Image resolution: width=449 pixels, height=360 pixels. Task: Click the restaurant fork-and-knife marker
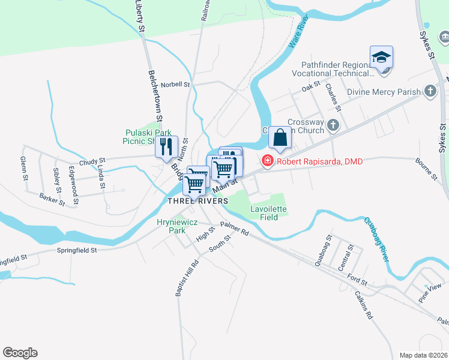pyautogui.click(x=166, y=146)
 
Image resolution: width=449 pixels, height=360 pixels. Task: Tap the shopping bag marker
pyautogui.click(x=280, y=137)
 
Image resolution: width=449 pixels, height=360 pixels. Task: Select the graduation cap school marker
pyautogui.click(x=381, y=57)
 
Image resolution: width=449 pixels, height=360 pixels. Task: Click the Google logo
pyautogui.click(x=20, y=353)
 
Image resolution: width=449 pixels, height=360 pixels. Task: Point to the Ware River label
pyautogui.click(x=298, y=34)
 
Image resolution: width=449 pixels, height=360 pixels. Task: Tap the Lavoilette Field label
pyautogui.click(x=268, y=213)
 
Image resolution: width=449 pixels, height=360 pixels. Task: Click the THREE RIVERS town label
pyautogui.click(x=197, y=200)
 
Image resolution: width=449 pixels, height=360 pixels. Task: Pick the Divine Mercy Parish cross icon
pyautogui.click(x=430, y=92)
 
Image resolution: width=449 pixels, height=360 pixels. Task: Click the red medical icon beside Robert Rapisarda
pyautogui.click(x=267, y=161)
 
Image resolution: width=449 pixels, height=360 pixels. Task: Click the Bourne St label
pyautogui.click(x=426, y=169)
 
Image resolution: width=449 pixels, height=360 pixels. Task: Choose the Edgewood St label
pyautogui.click(x=74, y=179)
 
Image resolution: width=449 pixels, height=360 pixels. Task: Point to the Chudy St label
pyautogui.click(x=92, y=161)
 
